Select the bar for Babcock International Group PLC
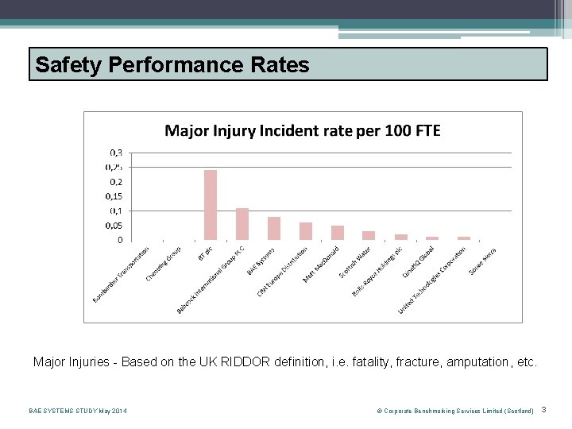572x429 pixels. pyautogui.click(x=242, y=224)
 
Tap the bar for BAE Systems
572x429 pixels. pyautogui.click(x=274, y=228)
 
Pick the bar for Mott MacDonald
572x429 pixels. pyautogui.click(x=338, y=233)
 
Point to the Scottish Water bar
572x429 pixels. pyautogui.click(x=369, y=235)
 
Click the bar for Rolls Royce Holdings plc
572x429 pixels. pyautogui.click(x=401, y=237)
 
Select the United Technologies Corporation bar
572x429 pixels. pyautogui.click(x=464, y=238)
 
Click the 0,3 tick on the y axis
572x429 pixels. pyautogui.click(x=115, y=153)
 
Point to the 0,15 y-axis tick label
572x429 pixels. pyautogui.click(x=114, y=196)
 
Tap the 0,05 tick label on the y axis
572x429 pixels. pyautogui.click(x=114, y=225)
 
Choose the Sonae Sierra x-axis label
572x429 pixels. pyautogui.click(x=482, y=261)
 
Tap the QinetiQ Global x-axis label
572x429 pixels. pyautogui.click(x=418, y=263)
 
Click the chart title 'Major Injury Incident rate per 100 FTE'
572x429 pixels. pyautogui.click(x=302, y=130)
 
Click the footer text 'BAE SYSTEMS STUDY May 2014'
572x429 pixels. pyautogui.click(x=77, y=411)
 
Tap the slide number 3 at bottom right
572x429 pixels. pyautogui.click(x=543, y=410)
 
